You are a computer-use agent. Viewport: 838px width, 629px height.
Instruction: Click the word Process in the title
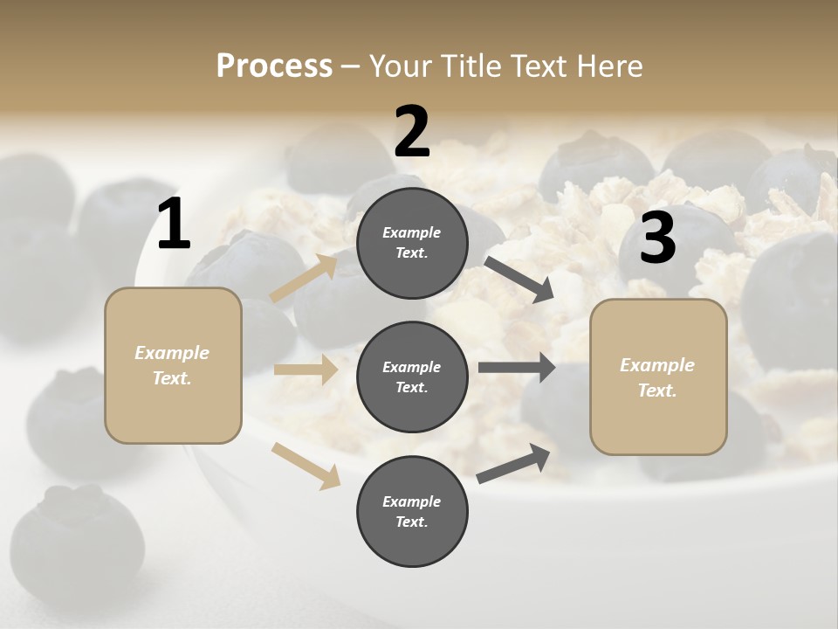click(x=274, y=66)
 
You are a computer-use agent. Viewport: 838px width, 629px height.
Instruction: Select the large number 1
click(x=174, y=225)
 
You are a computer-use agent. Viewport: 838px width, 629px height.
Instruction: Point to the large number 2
click(x=412, y=132)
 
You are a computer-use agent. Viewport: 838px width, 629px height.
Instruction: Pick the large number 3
click(x=657, y=238)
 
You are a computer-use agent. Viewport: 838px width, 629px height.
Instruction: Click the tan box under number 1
click(x=173, y=365)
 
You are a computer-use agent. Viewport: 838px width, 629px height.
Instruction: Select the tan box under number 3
click(x=658, y=377)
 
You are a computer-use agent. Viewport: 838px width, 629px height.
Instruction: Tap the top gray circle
click(x=412, y=243)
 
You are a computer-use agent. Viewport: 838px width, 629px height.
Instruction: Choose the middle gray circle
click(x=412, y=377)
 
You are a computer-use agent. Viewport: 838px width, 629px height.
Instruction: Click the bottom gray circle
click(x=412, y=511)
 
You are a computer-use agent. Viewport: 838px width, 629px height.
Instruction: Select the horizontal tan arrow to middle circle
click(x=306, y=370)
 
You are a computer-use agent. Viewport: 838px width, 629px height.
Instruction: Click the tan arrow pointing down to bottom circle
click(x=306, y=465)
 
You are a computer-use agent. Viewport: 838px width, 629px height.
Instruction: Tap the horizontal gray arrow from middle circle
click(x=517, y=368)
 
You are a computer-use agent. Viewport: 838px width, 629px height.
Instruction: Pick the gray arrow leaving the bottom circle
click(x=514, y=464)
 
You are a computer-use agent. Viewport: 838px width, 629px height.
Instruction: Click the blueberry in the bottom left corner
click(x=79, y=533)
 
